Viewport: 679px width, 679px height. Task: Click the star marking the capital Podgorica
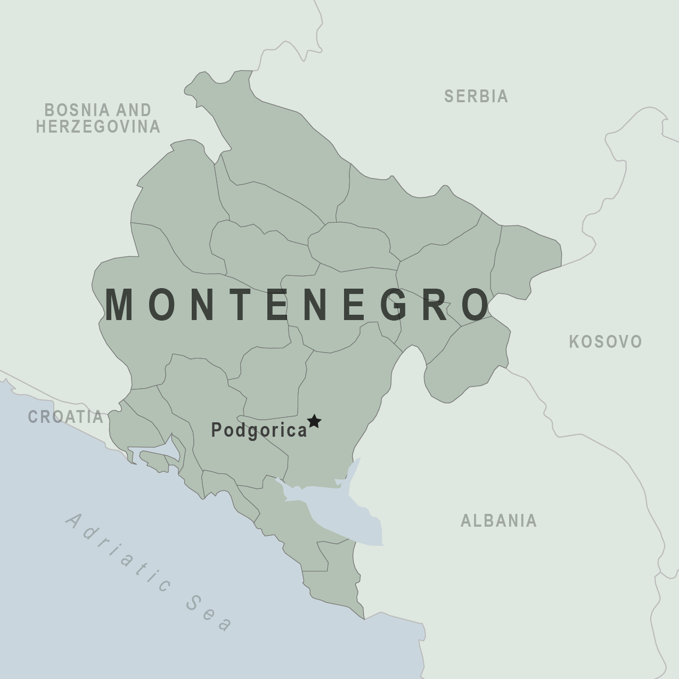point(314,421)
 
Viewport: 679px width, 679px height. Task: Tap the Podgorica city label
point(259,430)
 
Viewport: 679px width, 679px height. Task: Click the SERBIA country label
point(476,96)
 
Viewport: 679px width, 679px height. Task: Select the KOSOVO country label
point(606,342)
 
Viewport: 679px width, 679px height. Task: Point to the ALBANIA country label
point(498,521)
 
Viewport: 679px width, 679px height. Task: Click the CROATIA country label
point(66,417)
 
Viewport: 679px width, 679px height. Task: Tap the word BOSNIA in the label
point(78,110)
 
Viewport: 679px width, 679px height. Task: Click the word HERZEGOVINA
point(98,127)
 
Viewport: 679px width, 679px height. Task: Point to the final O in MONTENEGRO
point(475,305)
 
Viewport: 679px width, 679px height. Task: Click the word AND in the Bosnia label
point(133,110)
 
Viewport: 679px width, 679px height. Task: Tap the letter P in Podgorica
point(217,429)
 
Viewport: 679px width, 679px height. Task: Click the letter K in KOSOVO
point(575,342)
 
